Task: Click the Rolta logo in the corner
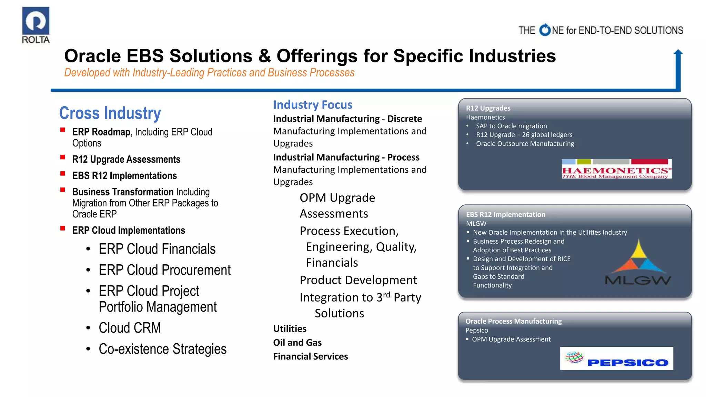36,25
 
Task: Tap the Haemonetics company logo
616,169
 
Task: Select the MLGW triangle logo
638,263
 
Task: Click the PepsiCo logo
616,358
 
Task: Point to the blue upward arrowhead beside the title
678,53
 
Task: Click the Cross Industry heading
110,113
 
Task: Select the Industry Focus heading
313,105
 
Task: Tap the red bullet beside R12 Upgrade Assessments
63,157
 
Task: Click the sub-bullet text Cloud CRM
130,328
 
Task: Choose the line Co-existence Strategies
162,349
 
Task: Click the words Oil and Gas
297,343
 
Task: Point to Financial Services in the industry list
310,356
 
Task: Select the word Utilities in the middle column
290,329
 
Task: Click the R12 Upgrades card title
488,108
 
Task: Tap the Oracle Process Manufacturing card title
513,321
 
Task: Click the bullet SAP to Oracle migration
511,126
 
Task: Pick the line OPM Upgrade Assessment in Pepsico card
511,339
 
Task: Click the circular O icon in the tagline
545,30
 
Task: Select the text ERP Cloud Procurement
164,270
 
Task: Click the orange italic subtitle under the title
209,73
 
